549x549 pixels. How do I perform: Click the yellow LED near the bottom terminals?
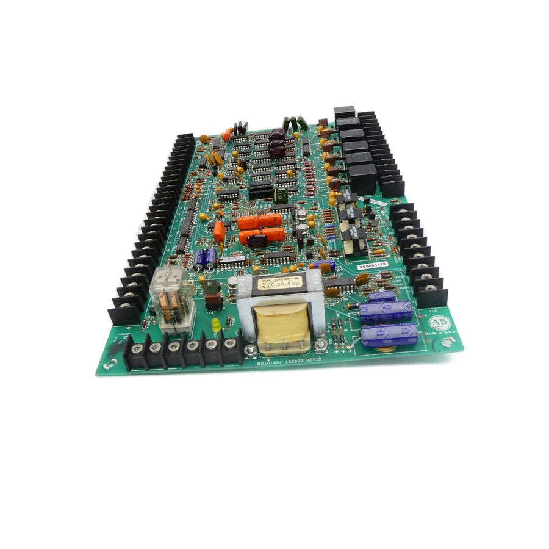tap(216, 325)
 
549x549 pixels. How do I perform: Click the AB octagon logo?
tap(440, 323)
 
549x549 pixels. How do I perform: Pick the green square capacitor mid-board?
tap(281, 195)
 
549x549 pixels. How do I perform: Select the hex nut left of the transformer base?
tap(249, 350)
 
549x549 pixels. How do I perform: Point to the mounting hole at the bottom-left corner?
tap(110, 364)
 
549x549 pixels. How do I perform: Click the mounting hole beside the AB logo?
tap(450, 342)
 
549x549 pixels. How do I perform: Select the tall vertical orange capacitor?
tap(218, 231)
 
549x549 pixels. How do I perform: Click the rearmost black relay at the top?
tap(345, 112)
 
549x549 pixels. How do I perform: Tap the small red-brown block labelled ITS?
tap(212, 300)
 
